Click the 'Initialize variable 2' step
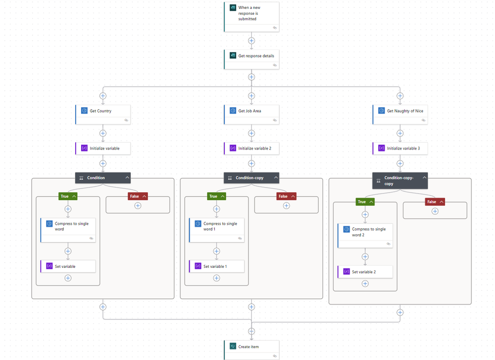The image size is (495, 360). [x=251, y=148]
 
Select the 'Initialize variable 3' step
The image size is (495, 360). [x=400, y=148]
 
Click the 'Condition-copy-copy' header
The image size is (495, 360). [x=396, y=180]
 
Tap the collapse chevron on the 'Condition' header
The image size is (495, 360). [x=127, y=177]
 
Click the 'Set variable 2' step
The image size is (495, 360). [x=365, y=272]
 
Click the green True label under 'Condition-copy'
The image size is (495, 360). [x=213, y=197]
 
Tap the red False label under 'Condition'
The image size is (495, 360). [x=135, y=197]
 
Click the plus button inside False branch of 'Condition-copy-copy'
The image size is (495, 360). [x=435, y=211]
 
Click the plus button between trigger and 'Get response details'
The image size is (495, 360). [x=251, y=41]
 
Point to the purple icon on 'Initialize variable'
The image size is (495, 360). [x=84, y=148]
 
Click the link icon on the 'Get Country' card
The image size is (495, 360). [x=126, y=120]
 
